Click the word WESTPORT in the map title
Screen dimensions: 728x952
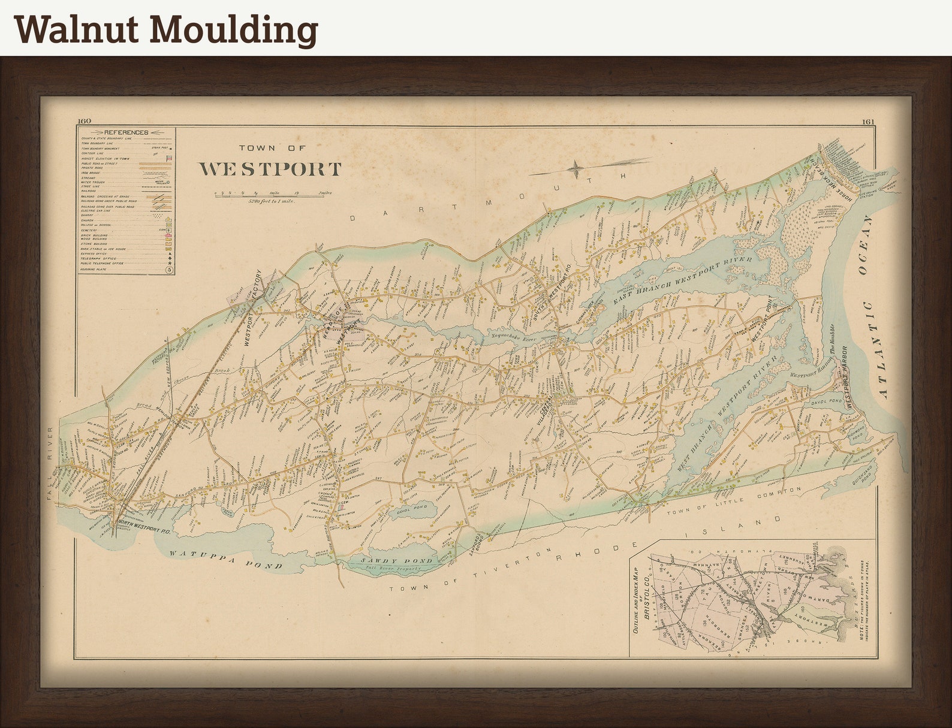(x=270, y=170)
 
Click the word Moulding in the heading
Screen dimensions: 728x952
(x=233, y=30)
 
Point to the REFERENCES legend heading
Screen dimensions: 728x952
(x=126, y=132)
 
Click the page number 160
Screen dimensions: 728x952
(x=84, y=122)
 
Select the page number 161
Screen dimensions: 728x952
(x=869, y=122)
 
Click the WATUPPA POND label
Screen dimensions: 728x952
(x=225, y=559)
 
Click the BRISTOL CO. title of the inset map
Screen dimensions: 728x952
(x=647, y=595)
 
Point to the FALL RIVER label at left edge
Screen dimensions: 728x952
(x=50, y=463)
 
